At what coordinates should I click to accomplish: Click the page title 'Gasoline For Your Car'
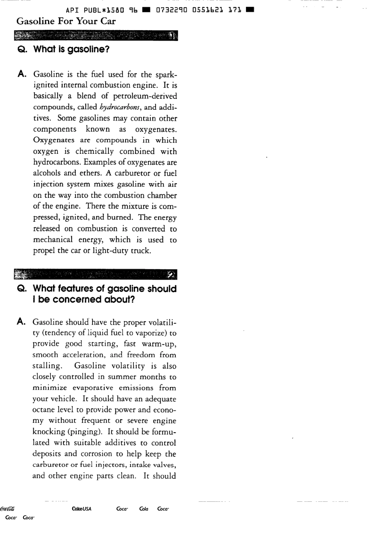66,21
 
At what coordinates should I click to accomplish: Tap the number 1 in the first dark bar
172,37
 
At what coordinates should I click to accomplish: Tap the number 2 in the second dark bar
171,275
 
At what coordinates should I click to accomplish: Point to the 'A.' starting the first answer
23,74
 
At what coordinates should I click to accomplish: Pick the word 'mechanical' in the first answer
53,240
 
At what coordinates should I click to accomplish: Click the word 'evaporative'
93,388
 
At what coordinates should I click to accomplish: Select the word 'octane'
44,410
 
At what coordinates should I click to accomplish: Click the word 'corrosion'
96,454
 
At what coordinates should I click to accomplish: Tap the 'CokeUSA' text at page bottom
82,509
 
